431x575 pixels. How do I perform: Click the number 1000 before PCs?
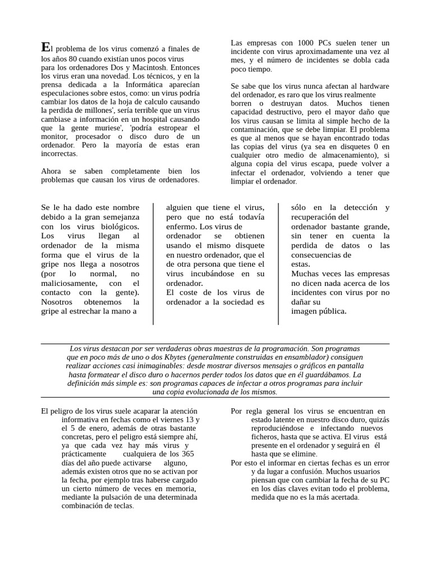(306, 43)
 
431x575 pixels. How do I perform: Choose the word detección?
(357, 207)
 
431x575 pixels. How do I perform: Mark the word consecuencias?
(321, 254)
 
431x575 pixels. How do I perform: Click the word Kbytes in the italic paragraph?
(173, 357)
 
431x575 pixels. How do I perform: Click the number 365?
(185, 454)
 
